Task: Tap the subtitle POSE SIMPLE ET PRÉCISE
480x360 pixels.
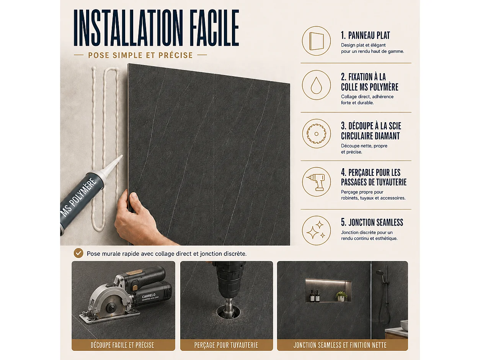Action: (140, 55)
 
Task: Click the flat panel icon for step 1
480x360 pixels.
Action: (316, 41)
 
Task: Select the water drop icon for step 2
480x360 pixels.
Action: (316, 85)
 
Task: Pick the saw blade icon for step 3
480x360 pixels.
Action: (316, 134)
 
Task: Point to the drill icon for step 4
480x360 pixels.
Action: (316, 182)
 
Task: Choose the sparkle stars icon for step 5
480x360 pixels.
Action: (316, 231)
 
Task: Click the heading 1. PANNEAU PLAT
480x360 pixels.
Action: (366, 36)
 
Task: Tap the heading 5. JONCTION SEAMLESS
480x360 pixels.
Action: (372, 222)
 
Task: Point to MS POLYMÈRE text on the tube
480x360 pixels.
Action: (79, 197)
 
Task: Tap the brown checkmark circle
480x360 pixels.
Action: (78, 253)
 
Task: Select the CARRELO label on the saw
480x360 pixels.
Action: (149, 296)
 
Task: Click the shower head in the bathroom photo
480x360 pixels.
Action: (379, 273)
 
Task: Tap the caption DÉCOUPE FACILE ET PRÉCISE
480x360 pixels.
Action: (122, 345)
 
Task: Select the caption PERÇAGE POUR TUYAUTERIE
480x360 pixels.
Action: (226, 345)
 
